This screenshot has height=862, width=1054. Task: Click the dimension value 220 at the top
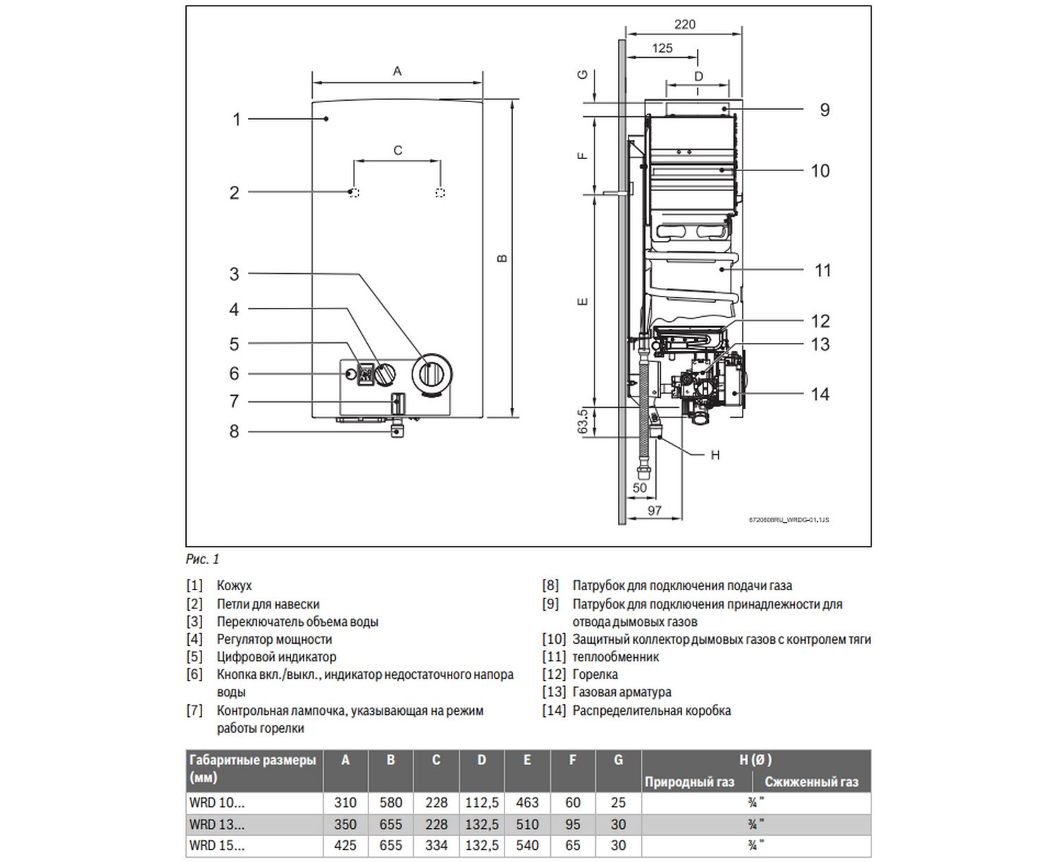click(684, 25)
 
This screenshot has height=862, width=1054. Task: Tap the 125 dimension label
click(662, 49)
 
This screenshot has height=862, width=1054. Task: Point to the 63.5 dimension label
click(583, 421)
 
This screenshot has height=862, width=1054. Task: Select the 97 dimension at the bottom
click(654, 511)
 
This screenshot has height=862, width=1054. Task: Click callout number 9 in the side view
click(824, 110)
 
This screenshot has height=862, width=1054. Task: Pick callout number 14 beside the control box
click(820, 394)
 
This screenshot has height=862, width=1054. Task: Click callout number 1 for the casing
click(237, 120)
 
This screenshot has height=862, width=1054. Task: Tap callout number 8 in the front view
click(234, 431)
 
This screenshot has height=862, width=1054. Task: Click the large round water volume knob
click(431, 374)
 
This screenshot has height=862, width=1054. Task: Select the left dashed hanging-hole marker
click(354, 192)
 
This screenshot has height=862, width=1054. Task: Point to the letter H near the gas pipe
click(715, 456)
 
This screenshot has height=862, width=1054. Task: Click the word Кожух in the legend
click(234, 586)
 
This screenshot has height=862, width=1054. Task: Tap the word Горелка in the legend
click(595, 675)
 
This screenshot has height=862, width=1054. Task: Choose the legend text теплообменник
click(615, 657)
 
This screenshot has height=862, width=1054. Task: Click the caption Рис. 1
click(203, 559)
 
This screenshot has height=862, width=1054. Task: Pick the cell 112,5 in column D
click(482, 803)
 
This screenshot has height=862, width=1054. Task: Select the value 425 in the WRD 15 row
click(345, 846)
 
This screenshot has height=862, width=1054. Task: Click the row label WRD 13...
click(217, 825)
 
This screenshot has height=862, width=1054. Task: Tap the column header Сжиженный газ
click(811, 782)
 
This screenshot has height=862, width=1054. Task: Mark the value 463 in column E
click(527, 803)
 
